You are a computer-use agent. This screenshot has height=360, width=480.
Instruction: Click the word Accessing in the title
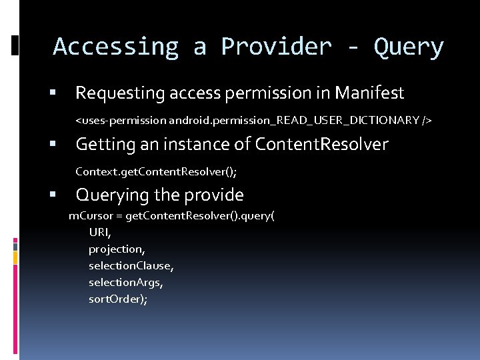tap(116, 47)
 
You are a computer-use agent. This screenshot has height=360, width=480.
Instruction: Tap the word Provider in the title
tap(276, 47)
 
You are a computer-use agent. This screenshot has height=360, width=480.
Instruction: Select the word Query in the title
tap(409, 47)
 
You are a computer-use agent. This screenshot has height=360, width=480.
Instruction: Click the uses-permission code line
tap(253, 121)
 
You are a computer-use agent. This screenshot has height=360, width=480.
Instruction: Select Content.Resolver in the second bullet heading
tap(321, 144)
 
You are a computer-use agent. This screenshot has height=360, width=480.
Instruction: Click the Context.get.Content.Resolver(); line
tap(156, 171)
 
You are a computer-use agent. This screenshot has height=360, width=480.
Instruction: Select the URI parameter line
tap(100, 232)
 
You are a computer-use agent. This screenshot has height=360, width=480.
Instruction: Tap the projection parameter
tap(117, 249)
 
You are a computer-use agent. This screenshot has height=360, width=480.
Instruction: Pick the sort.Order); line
tap(118, 299)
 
